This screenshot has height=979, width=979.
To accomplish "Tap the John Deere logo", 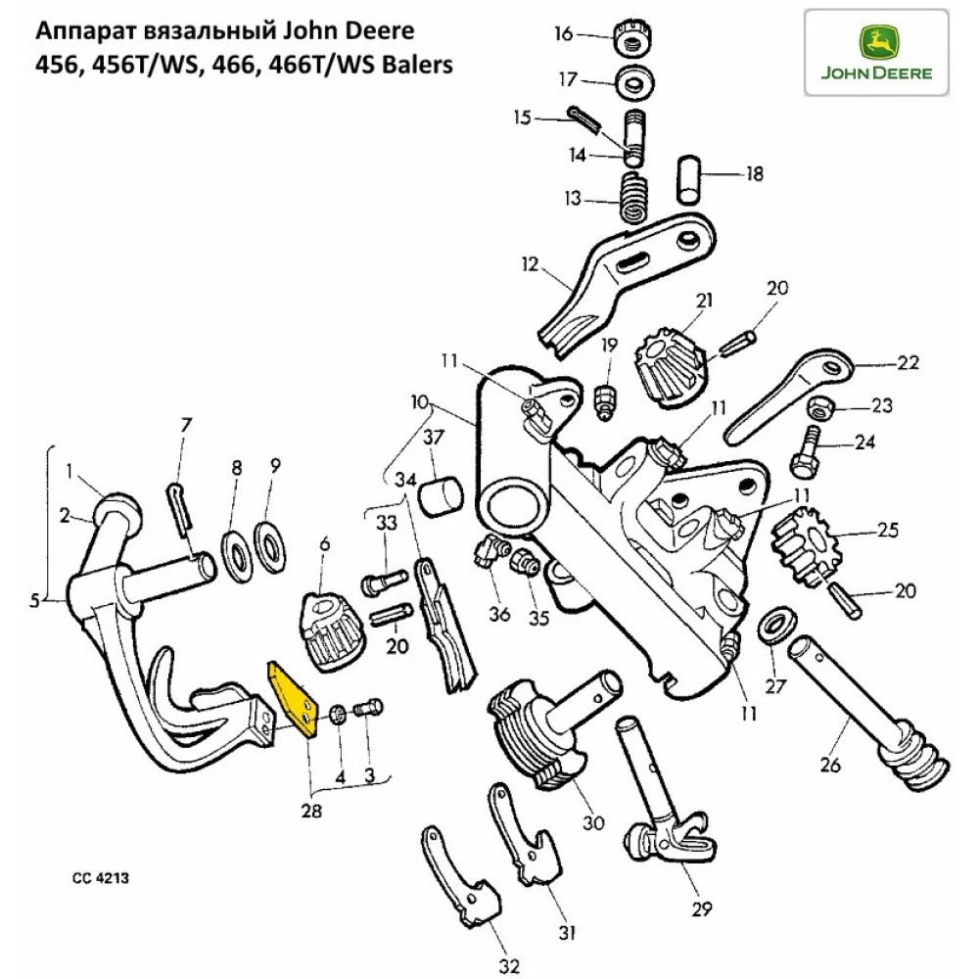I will [876, 53].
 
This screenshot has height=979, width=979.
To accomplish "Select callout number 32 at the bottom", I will [507, 967].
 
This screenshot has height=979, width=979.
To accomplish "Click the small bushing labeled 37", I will [440, 493].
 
